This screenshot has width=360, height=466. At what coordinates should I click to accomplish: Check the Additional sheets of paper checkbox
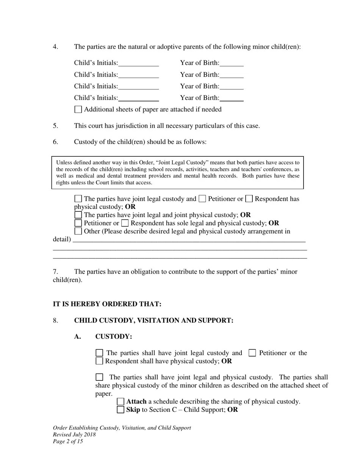[x=78, y=109]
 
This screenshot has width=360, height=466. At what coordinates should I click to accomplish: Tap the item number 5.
[x=55, y=126]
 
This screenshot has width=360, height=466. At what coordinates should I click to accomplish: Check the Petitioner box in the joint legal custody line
[x=202, y=199]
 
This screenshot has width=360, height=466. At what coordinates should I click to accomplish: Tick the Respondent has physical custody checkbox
[x=249, y=199]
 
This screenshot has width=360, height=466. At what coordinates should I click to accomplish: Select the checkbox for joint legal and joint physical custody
[x=78, y=215]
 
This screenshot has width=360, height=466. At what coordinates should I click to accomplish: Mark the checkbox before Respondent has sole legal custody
[x=125, y=223]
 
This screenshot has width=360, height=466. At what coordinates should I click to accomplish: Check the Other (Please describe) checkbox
[x=78, y=231]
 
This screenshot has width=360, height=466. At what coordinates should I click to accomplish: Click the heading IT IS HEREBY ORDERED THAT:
[x=107, y=304]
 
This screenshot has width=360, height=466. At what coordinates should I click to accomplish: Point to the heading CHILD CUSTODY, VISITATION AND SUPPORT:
[x=153, y=321]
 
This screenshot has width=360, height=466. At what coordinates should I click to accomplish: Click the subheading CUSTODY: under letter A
[x=114, y=337]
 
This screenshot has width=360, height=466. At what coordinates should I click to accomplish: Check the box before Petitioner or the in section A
[x=252, y=353]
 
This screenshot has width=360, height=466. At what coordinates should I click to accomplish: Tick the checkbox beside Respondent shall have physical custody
[x=99, y=361]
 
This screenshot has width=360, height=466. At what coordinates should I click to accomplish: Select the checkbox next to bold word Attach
[x=121, y=402]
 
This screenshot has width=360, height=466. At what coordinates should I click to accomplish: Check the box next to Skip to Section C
[x=121, y=410]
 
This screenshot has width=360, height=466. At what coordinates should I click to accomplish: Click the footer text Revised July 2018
[x=74, y=435]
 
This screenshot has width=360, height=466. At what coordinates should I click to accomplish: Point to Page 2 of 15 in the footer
[x=68, y=441]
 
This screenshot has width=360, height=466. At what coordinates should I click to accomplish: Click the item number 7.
[x=55, y=272]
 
